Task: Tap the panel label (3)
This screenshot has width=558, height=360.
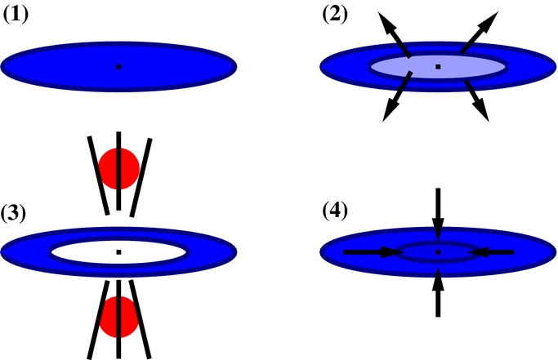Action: [17, 215]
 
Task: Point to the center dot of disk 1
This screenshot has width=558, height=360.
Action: [118, 66]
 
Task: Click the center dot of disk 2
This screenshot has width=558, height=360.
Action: [438, 66]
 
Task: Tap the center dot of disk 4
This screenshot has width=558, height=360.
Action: [438, 252]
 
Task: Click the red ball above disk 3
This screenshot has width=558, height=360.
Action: [118, 169]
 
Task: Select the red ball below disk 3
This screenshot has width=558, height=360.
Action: [118, 318]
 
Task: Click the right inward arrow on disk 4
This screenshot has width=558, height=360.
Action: [493, 252]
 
